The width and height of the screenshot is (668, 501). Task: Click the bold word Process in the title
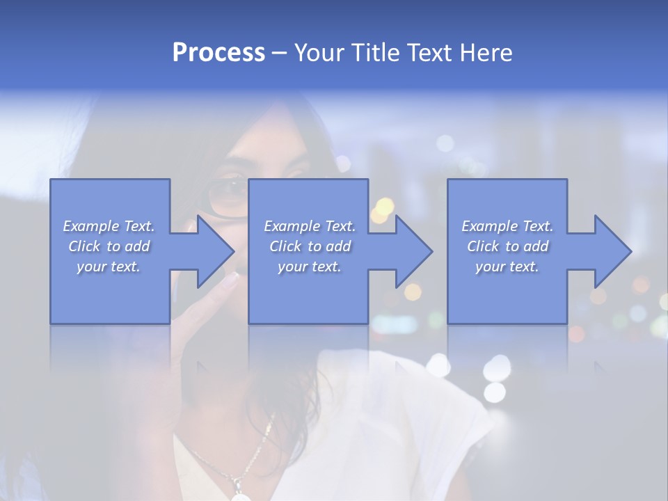pos(218,53)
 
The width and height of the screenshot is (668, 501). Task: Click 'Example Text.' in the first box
pos(109,226)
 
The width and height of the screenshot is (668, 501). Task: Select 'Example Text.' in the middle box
pos(310,226)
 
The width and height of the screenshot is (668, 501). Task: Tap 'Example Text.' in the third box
pos(507,226)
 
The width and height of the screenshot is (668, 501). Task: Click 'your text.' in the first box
pos(109,267)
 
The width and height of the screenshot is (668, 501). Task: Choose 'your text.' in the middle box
pos(310,267)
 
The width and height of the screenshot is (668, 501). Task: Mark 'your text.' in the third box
pos(507,267)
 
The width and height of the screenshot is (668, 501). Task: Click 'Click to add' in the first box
pos(109,246)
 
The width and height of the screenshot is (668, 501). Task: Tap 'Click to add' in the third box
pos(507,246)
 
